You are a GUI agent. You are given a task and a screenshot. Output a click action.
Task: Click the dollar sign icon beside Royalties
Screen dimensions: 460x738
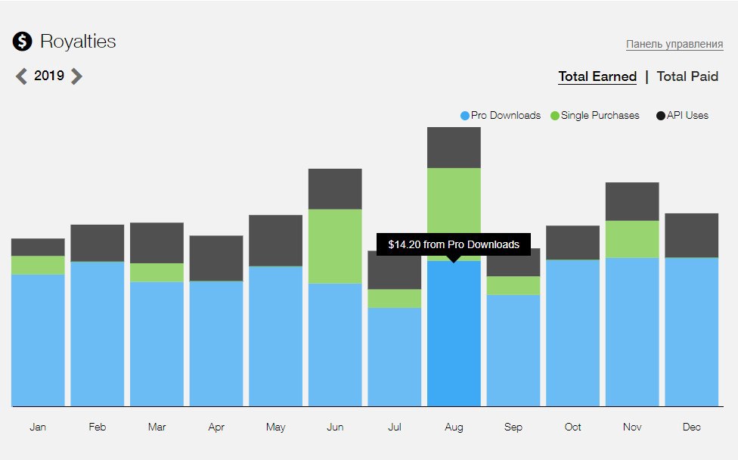pos(23,42)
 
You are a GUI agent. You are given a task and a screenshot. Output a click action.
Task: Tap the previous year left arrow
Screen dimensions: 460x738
pos(21,76)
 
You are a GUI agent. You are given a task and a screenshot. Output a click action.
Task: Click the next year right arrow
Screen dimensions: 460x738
pos(76,76)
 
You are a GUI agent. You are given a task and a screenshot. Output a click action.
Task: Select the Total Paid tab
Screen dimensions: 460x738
pos(687,76)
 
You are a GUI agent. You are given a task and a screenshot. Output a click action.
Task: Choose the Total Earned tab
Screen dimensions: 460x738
pos(597,76)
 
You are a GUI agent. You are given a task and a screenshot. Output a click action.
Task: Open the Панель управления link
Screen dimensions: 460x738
pos(674,44)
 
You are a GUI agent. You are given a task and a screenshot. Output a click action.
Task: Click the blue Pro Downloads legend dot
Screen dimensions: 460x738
pos(465,116)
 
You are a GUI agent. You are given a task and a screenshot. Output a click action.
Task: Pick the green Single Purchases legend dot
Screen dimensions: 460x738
pos(555,116)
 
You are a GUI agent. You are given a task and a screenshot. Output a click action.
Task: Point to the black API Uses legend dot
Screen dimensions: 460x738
pos(661,116)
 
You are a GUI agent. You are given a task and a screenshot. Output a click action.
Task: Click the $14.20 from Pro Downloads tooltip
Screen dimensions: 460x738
pos(454,244)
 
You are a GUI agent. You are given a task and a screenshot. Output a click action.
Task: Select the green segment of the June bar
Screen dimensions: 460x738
pos(335,246)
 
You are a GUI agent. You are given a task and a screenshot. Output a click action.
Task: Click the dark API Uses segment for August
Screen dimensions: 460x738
pos(454,148)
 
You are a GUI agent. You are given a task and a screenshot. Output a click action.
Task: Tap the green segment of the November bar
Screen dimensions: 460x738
pos(632,239)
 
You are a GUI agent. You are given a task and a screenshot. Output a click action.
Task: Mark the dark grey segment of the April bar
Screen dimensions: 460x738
pos(216,258)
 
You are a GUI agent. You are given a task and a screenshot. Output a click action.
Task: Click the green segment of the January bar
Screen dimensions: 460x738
pos(38,265)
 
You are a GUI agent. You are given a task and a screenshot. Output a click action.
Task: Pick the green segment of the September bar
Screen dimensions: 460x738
pos(513,285)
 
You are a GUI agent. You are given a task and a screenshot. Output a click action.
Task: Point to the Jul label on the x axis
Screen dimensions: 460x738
pos(395,427)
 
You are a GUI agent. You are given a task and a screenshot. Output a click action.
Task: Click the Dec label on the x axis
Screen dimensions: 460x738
pos(692,427)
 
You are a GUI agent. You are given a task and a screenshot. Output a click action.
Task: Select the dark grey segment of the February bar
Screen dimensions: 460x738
pos(98,243)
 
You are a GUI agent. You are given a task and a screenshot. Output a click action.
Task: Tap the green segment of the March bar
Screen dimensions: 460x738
pos(157,272)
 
